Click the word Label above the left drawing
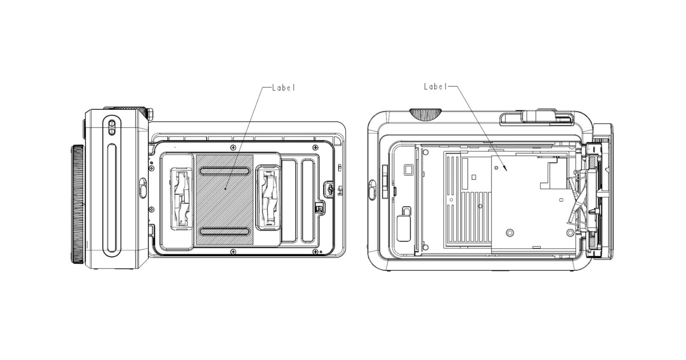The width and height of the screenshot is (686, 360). coord(284,88)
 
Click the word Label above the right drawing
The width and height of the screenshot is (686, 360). coord(435,87)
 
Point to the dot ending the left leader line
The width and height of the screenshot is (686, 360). coord(226,189)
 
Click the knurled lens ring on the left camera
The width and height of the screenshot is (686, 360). coord(78,204)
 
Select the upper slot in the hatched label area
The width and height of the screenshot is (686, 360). coord(224,171)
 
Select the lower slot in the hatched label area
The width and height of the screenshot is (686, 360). coord(224,231)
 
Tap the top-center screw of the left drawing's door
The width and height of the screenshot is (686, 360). coord(233,147)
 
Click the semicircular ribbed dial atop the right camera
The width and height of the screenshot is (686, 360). coord(425,113)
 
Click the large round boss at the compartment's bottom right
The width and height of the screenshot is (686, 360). coord(570,233)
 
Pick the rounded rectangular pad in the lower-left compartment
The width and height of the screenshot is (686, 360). coord(404,228)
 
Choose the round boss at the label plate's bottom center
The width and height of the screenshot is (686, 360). coord(509,233)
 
